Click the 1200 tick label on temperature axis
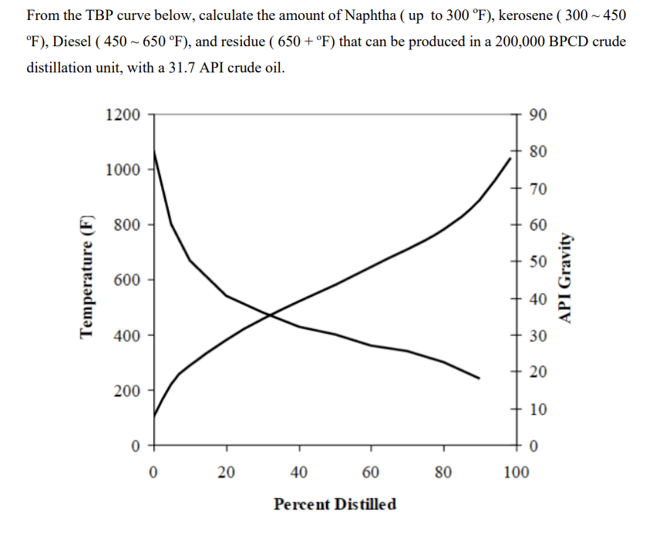click(123, 115)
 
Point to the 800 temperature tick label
click(126, 225)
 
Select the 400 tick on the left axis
click(126, 335)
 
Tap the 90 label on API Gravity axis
click(539, 115)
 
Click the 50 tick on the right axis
click(539, 261)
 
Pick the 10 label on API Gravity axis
click(539, 409)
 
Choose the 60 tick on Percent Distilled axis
click(371, 471)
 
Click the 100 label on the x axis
click(517, 471)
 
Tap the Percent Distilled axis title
click(335, 504)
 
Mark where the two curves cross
click(269, 314)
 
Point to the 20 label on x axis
click(226, 471)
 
